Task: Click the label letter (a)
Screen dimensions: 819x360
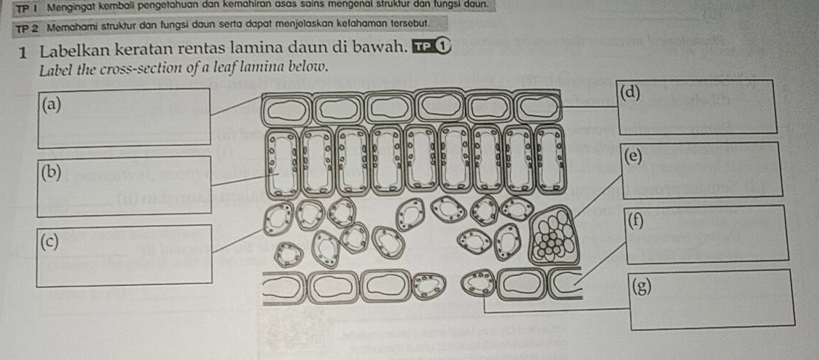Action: (x=51, y=105)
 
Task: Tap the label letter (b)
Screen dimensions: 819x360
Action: (x=51, y=172)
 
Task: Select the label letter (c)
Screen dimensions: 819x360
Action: (x=50, y=241)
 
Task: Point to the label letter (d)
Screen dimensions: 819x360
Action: (x=631, y=93)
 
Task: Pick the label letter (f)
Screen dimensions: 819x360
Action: (x=636, y=220)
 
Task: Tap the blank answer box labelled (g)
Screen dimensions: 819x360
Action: (x=713, y=300)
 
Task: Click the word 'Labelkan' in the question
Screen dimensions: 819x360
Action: (x=77, y=52)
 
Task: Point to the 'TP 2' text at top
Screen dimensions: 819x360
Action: (x=28, y=26)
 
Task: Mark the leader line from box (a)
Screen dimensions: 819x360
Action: (x=235, y=104)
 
